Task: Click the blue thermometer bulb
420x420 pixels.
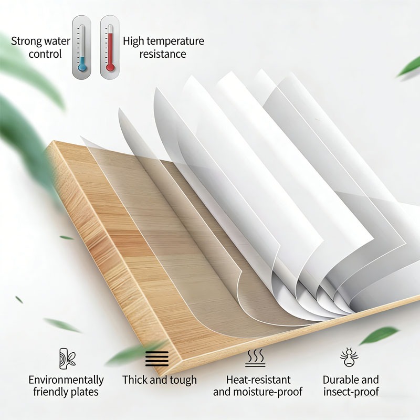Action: pos(82,67)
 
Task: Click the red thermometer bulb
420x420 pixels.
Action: pos(110,67)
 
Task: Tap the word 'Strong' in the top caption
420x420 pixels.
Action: pos(26,41)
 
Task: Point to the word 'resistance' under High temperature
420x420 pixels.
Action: pos(163,54)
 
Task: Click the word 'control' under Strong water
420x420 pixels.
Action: pos(45,54)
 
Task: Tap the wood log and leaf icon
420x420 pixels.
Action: pos(67,359)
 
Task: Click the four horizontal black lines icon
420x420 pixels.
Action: pos(157,359)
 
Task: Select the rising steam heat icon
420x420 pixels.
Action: pos(255,358)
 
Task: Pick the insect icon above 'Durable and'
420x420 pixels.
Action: pos(349,358)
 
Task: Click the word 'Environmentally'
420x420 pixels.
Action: pos(66,380)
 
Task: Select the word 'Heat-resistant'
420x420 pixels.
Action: pos(258,380)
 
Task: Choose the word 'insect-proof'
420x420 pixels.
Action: pos(351,392)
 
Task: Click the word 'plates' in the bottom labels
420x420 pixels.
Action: pos(85,392)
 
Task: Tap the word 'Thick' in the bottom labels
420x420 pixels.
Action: pos(135,380)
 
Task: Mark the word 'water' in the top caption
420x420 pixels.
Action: pos(57,41)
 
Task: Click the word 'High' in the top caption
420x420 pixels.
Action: pos(133,41)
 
